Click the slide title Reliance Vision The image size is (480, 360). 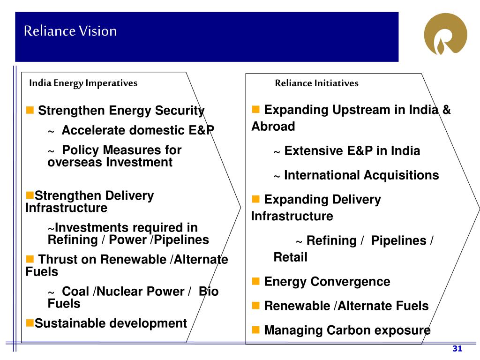click(70, 31)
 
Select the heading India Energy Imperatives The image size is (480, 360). click(83, 83)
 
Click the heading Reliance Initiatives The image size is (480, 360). click(316, 83)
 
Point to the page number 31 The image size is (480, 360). click(457, 349)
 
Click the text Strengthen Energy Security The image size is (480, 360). click(121, 111)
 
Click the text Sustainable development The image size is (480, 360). click(111, 323)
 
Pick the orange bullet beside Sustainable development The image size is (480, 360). click(30, 323)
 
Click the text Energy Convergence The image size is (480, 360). click(327, 282)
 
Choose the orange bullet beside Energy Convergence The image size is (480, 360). click(256, 281)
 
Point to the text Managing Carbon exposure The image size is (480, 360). click(347, 330)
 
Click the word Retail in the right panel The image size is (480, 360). click(291, 257)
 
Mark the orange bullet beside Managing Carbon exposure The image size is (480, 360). click(256, 330)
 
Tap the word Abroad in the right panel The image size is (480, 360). click(273, 127)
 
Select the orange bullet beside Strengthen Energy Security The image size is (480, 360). click(30, 111)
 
